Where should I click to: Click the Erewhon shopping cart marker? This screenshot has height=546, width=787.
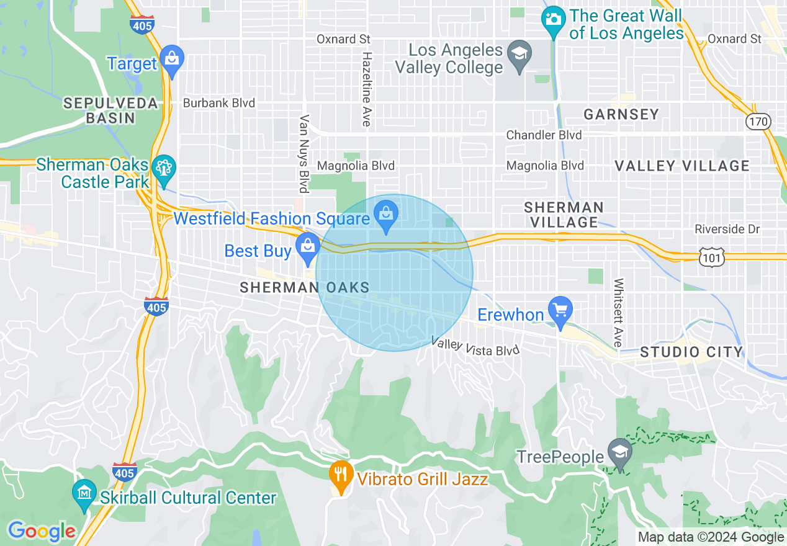(560, 310)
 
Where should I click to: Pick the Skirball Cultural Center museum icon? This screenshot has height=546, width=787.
(84, 493)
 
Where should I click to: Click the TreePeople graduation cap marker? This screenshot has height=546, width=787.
(619, 452)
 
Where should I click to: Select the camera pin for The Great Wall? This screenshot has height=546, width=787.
(552, 19)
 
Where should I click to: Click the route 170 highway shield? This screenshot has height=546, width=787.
(758, 121)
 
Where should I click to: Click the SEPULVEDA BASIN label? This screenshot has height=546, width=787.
(110, 110)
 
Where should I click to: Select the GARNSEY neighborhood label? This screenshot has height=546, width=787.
(621, 114)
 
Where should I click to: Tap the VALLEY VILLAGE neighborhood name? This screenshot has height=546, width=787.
(682, 166)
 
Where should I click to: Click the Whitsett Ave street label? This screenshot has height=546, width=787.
(618, 313)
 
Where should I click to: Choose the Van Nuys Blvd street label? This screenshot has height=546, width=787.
(304, 153)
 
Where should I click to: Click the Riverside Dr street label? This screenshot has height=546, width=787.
(727, 230)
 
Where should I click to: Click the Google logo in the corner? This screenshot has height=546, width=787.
(42, 531)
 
